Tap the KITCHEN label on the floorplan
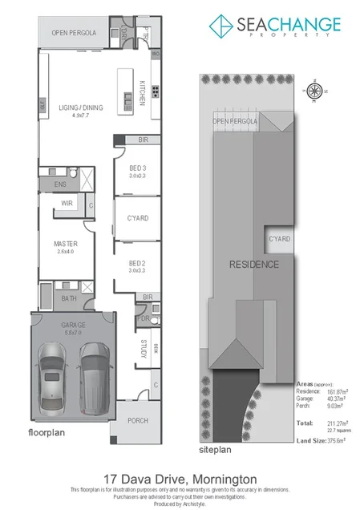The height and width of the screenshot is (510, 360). [x=142, y=93]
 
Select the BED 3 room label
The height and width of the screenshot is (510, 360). [x=137, y=168]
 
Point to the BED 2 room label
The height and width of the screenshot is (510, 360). [x=137, y=263]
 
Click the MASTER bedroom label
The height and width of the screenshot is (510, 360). [x=64, y=243]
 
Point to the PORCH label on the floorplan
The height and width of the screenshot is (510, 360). [x=138, y=420]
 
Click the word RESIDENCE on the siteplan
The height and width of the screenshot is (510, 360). [x=254, y=264]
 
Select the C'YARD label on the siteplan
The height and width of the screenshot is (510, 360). [x=278, y=239]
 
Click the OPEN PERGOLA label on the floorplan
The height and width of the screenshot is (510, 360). [x=74, y=33]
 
